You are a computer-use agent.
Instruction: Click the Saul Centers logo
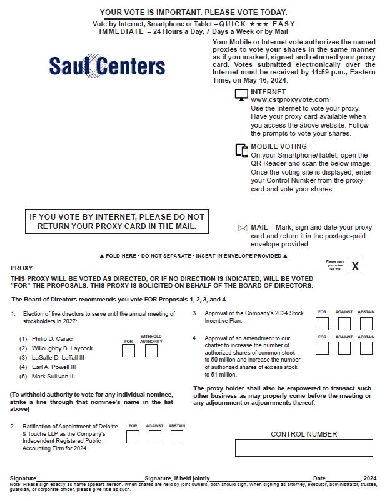pos(106,66)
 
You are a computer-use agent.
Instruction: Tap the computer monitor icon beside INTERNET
pos(241,95)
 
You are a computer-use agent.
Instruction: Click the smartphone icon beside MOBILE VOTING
pos(241,150)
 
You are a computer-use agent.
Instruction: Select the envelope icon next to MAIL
pos(243,228)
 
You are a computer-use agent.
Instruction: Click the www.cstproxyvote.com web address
pos(289,99)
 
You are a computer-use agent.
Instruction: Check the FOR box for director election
pos(128,350)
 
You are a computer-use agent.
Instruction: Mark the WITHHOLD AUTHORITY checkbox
pos(151,350)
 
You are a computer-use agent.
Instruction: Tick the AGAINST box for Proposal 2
pos(155,437)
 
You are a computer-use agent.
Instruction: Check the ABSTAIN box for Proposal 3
pos(366,323)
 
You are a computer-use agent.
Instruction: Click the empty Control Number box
pos(304,448)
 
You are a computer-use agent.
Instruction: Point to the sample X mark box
pos(356,266)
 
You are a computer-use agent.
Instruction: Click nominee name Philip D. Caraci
pos(54,338)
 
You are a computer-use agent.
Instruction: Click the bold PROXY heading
pos(21,268)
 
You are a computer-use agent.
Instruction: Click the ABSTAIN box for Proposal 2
pos(177,437)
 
